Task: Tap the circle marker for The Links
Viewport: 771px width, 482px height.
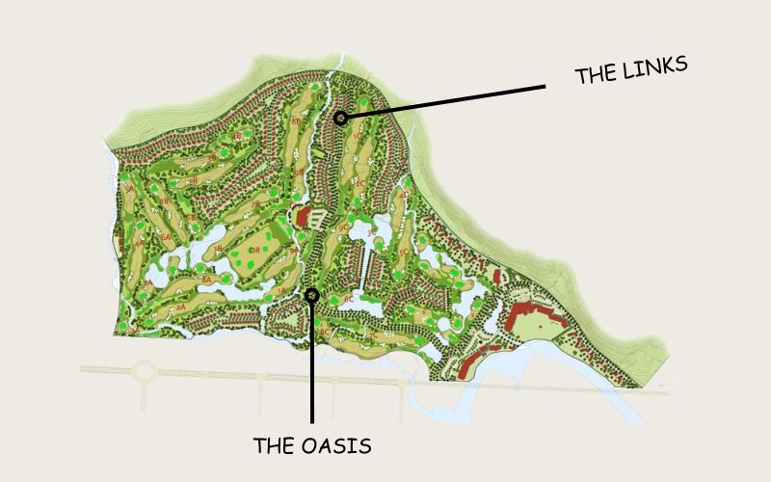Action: click(x=340, y=118)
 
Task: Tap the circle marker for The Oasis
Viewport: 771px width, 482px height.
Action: click(x=311, y=295)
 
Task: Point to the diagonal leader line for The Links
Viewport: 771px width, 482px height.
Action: click(x=443, y=102)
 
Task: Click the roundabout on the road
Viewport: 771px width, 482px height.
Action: click(x=144, y=371)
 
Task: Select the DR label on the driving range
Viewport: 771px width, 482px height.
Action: click(x=253, y=251)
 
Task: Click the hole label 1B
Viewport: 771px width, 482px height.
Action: click(x=219, y=248)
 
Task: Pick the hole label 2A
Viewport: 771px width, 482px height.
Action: click(x=180, y=307)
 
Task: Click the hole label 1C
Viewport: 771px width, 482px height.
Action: click(x=359, y=138)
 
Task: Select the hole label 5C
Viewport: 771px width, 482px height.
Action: click(x=403, y=253)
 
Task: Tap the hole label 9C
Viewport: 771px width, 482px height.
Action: click(x=344, y=228)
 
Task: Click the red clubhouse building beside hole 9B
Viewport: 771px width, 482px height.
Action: click(x=302, y=215)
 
